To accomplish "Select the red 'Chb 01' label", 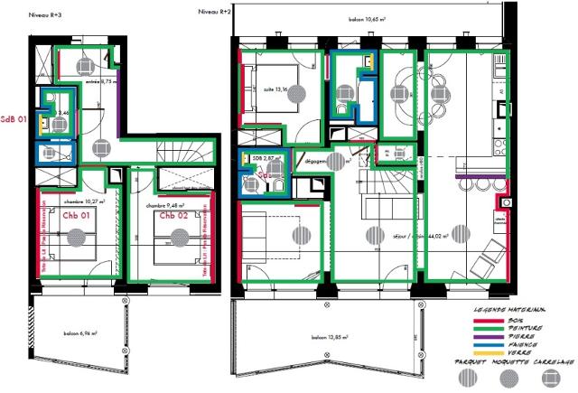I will tap(76, 217).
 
